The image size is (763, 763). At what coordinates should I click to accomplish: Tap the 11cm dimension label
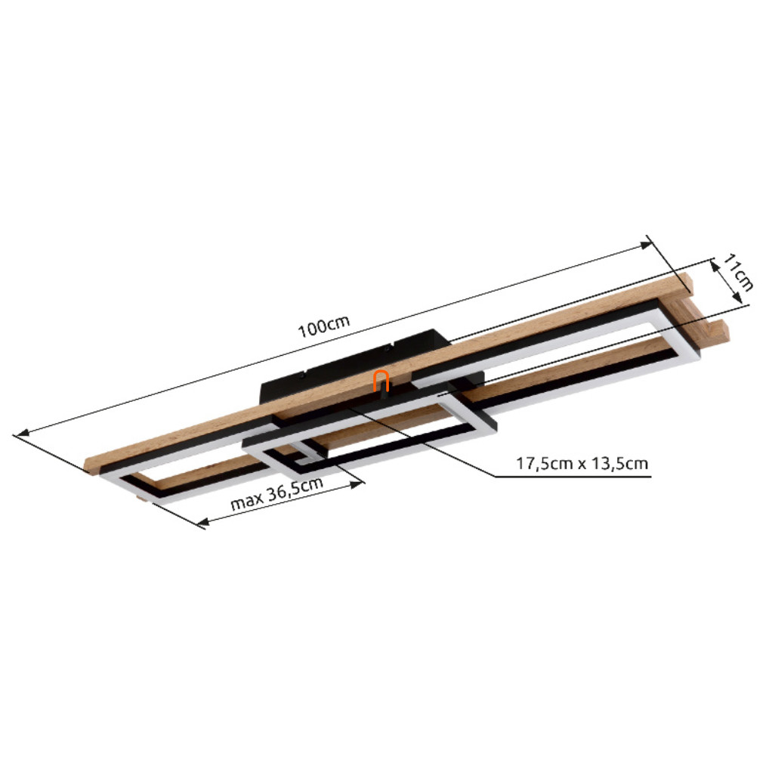point(738,272)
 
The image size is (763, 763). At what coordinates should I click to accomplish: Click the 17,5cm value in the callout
point(544,463)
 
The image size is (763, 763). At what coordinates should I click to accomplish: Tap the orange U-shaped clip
point(381,381)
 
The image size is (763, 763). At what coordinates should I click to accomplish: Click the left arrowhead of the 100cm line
point(23,433)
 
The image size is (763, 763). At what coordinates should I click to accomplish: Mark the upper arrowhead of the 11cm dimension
point(714,266)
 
